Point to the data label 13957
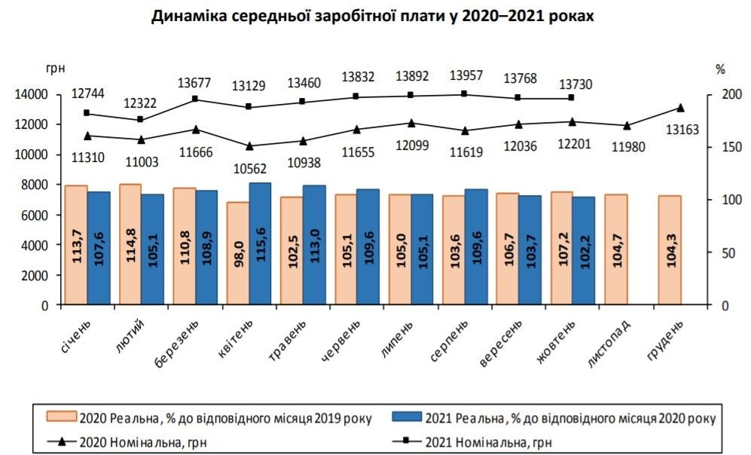(x=466, y=76)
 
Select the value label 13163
(x=682, y=130)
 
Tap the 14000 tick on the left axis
(x=29, y=94)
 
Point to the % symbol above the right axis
(x=719, y=69)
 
